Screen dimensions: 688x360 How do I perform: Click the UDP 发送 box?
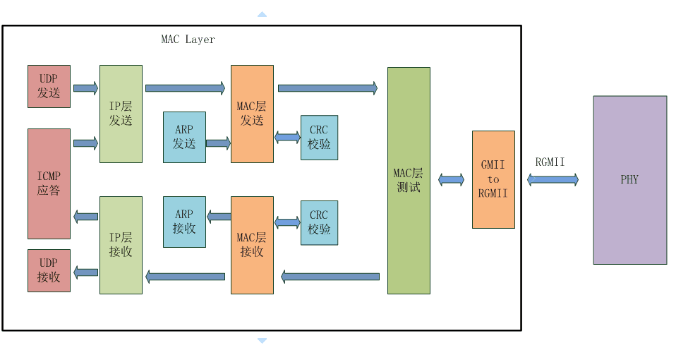click(49, 87)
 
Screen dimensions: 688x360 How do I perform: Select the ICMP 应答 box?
click(49, 184)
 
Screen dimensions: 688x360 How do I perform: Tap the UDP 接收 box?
click(49, 270)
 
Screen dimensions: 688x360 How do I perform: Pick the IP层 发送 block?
click(121, 114)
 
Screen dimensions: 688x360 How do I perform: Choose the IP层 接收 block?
click(121, 245)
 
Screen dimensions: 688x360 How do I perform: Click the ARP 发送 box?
click(184, 137)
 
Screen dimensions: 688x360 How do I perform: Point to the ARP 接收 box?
click(184, 222)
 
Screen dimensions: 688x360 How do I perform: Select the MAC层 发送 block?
click(252, 114)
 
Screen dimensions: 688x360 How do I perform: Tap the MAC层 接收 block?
click(252, 245)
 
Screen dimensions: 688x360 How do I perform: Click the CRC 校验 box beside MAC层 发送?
click(319, 138)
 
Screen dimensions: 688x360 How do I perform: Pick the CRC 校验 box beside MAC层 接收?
click(319, 222)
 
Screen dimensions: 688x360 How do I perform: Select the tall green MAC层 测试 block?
click(409, 181)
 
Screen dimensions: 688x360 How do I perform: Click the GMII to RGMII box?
click(493, 179)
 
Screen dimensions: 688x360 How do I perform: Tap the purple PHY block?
click(630, 180)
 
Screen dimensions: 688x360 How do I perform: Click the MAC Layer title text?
click(188, 40)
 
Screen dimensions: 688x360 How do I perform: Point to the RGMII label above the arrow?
click(550, 162)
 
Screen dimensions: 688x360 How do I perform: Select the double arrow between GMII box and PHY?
click(553, 179)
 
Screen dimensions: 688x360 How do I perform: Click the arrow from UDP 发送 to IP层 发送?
click(85, 88)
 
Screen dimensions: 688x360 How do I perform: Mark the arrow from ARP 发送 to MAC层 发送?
click(218, 143)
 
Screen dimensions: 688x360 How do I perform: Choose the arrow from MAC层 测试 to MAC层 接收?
click(330, 277)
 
